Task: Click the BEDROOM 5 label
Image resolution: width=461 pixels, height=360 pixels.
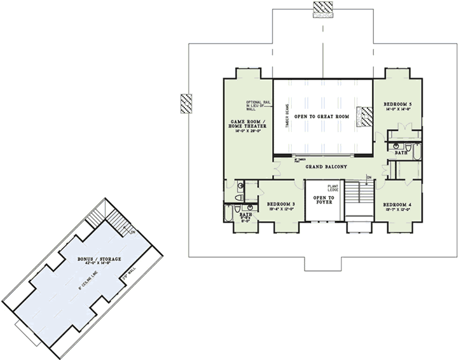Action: [x=398, y=103]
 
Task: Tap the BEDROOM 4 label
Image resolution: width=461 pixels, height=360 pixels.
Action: [x=397, y=205]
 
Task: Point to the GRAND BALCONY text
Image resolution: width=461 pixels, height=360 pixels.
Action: [x=325, y=167]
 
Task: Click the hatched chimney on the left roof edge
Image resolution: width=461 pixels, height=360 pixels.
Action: [x=186, y=104]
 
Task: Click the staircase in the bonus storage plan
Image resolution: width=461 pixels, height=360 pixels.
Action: [x=118, y=221]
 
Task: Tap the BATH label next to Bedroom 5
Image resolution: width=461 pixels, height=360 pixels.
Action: [x=401, y=153]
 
